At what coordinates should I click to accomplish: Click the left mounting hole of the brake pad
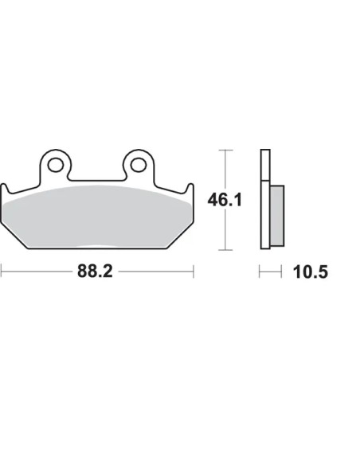[56, 165]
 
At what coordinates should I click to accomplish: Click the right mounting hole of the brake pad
[139, 165]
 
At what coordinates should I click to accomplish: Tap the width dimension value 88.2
[95, 271]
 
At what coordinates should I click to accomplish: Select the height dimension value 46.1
[225, 200]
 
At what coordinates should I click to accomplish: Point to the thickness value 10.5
[310, 272]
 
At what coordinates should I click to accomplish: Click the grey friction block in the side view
[277, 216]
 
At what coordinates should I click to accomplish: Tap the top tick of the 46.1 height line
[225, 150]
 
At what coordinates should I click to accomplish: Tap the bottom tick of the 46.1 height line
[225, 250]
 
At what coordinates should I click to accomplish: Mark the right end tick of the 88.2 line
[194, 272]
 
